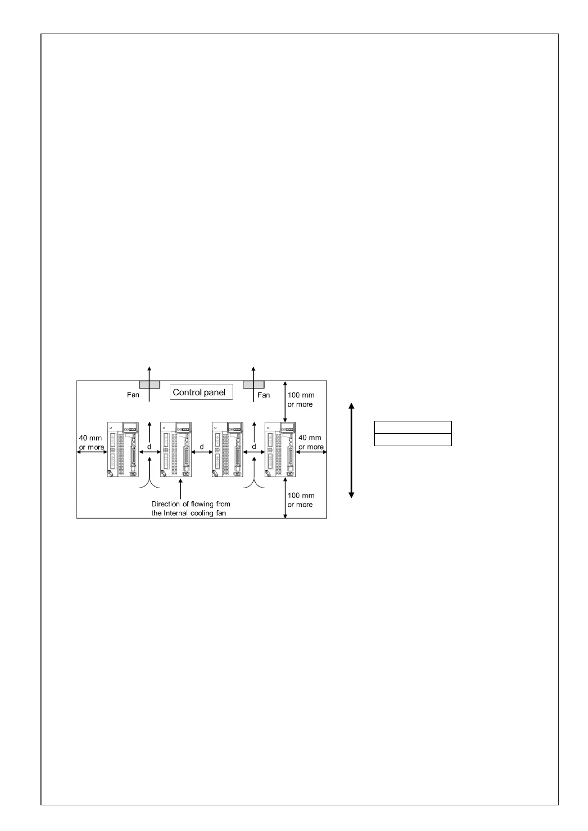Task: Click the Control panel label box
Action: pos(201,392)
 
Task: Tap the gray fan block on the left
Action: pos(149,384)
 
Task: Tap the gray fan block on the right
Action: pos(254,384)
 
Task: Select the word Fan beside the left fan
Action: pos(133,395)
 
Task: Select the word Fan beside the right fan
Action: pos(264,395)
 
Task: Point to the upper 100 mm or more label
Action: pos(301,400)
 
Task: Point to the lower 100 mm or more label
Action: pos(300,500)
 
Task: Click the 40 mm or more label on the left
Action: pos(91,442)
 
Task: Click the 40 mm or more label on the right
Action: pos(311,442)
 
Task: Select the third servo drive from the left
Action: pos(227,449)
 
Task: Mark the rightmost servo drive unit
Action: pos(280,449)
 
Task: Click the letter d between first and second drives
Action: pos(149,447)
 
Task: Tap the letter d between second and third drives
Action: pos(201,447)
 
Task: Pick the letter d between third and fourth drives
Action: pos(254,447)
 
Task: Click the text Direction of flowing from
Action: pos(191,504)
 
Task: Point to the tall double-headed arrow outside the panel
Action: pos(352,450)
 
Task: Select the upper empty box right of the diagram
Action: pos(413,427)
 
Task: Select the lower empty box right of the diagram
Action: pos(413,440)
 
